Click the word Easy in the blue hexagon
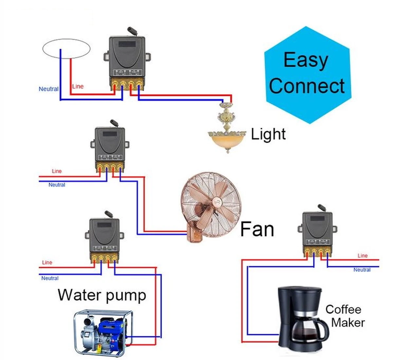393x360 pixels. (306, 60)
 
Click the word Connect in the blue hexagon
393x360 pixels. (307, 86)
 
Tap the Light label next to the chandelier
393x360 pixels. (268, 134)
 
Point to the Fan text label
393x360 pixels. (257, 229)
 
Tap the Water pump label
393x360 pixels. (102, 295)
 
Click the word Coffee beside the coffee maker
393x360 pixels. (343, 309)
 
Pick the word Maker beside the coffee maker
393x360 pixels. (348, 322)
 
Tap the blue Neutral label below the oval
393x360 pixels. (48, 89)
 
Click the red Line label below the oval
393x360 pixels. (78, 86)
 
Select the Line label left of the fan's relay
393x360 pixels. (57, 171)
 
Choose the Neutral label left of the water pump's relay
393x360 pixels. (50, 278)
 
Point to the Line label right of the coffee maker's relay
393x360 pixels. (363, 256)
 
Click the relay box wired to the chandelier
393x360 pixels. (127, 59)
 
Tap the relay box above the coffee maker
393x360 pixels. (317, 229)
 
